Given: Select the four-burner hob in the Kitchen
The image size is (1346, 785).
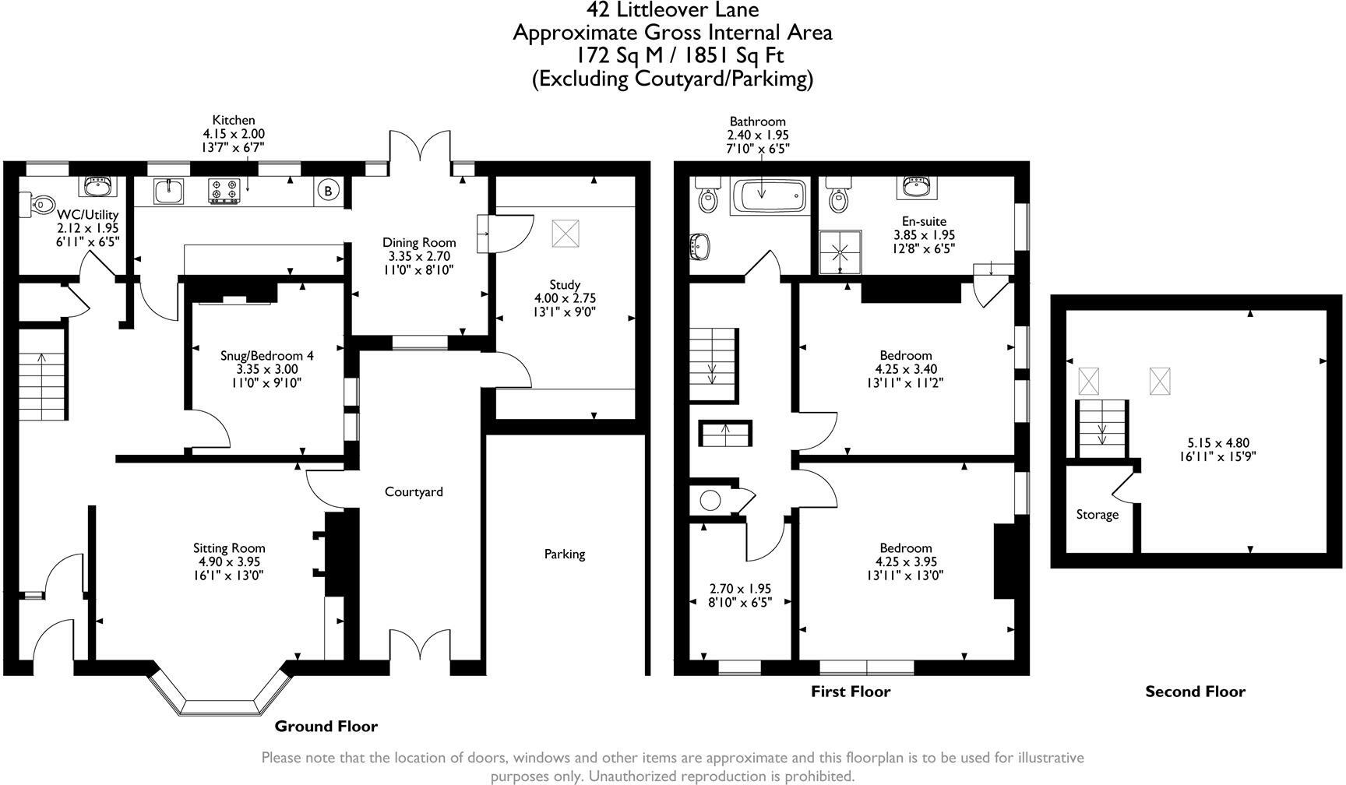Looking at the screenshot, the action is [223, 192].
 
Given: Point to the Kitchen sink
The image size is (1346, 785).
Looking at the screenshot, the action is [168, 191].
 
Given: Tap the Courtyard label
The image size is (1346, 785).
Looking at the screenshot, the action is [414, 491].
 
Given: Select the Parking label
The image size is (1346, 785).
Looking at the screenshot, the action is [565, 554].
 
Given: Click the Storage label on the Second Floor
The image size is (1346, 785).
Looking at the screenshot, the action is [1098, 515].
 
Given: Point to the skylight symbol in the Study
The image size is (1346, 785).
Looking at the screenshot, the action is [566, 233].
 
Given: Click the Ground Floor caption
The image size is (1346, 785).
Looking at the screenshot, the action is [326, 727].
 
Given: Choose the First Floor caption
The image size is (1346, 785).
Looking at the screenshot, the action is [851, 692].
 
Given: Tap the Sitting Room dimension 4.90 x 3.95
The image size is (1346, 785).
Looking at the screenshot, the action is [229, 561].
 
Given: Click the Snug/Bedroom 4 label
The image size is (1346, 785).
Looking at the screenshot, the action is [267, 355].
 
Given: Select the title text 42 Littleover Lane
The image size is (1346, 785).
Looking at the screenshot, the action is [672, 9].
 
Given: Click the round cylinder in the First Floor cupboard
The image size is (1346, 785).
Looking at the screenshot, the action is [710, 499].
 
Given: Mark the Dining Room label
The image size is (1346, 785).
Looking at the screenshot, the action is [418, 242].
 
